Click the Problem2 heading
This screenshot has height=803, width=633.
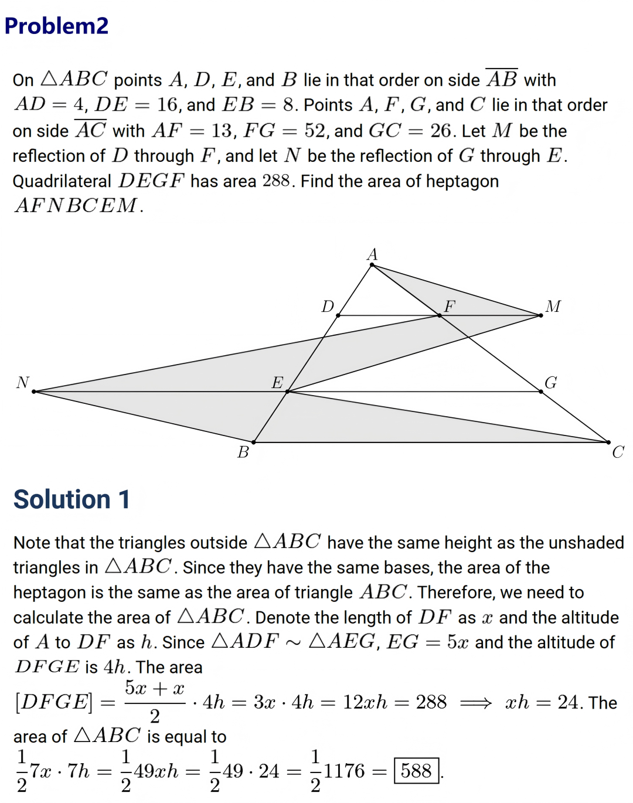click(56, 26)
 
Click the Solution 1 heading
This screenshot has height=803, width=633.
click(72, 499)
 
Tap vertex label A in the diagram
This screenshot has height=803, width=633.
click(372, 254)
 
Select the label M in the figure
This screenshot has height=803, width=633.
click(553, 307)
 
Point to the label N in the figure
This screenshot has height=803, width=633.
click(23, 383)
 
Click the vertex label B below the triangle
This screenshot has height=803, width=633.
click(243, 452)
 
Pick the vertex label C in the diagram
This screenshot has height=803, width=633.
click(618, 452)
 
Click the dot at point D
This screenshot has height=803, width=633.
click(338, 315)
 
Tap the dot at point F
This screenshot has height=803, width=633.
click(440, 315)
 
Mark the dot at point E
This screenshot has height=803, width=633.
click(287, 392)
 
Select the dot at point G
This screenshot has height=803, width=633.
click(541, 392)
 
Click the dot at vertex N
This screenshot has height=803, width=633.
click(34, 392)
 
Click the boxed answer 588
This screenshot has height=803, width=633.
click(417, 771)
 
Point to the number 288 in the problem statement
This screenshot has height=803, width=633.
click(276, 181)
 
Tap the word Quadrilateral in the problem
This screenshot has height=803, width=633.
click(62, 181)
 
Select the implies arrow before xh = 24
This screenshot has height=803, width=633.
click(476, 702)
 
